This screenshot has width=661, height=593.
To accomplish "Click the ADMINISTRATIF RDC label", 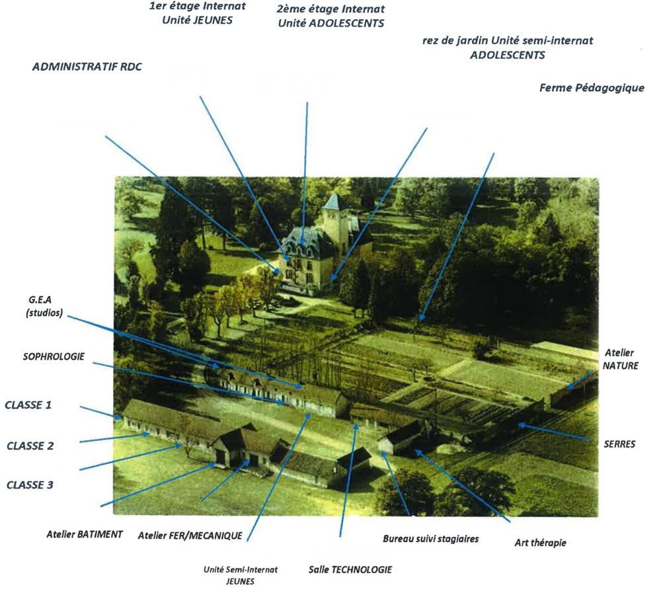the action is [x=87, y=67].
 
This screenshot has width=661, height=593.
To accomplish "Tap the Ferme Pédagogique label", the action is [x=592, y=88].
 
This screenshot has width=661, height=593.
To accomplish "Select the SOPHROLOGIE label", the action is [x=54, y=356].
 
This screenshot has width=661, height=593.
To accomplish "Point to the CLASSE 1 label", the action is [x=28, y=405].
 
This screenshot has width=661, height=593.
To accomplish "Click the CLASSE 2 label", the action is [x=30, y=446].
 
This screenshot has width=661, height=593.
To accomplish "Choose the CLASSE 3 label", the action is [x=30, y=485].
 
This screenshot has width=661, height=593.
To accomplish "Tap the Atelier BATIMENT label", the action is [x=85, y=534].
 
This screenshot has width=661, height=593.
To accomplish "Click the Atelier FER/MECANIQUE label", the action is [x=190, y=535].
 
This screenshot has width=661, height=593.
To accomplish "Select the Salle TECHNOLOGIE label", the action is [x=350, y=569].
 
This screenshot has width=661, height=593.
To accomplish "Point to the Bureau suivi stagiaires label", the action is [x=430, y=539].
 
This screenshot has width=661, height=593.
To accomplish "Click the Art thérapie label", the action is [x=540, y=543].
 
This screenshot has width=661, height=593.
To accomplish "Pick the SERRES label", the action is [x=619, y=444].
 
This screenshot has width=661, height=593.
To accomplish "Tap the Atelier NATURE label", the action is [x=620, y=359].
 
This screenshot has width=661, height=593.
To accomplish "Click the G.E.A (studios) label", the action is [x=44, y=306].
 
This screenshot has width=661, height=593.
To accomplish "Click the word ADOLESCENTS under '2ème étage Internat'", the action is [x=346, y=23].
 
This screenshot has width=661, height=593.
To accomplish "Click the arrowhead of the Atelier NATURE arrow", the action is [x=570, y=386].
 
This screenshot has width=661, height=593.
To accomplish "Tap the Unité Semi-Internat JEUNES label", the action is [x=241, y=575].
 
